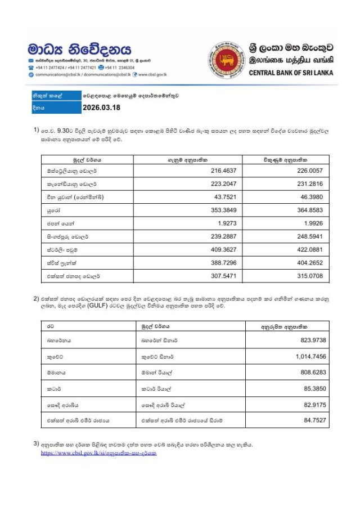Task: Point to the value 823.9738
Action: (310, 341)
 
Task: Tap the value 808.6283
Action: (310, 372)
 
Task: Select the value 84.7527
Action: (313, 419)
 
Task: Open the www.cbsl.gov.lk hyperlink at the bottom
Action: (98, 453)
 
